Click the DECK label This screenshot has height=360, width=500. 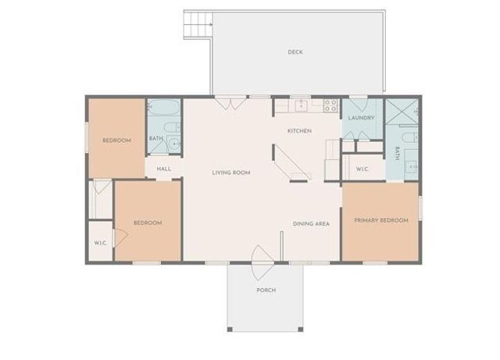tap(295, 52)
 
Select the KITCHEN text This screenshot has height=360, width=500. tap(299, 130)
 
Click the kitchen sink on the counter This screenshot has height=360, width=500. tap(300, 104)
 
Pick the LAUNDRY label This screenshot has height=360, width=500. tap(362, 118)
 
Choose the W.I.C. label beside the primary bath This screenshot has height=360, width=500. tap(362, 168)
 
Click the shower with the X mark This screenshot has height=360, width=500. tap(402, 113)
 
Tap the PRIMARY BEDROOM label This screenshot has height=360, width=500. tap(381, 220)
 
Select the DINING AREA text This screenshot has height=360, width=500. tap(311, 224)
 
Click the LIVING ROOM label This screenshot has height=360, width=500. tap(230, 173)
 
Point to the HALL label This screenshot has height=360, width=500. tap(164, 169)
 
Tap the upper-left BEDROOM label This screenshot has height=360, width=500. tap(116, 141)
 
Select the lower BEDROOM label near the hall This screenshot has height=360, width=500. tap(147, 223)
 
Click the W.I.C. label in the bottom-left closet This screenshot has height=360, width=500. tap(101, 243)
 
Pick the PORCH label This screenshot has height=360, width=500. tap(266, 290)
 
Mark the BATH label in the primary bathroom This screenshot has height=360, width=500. tap(398, 153)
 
